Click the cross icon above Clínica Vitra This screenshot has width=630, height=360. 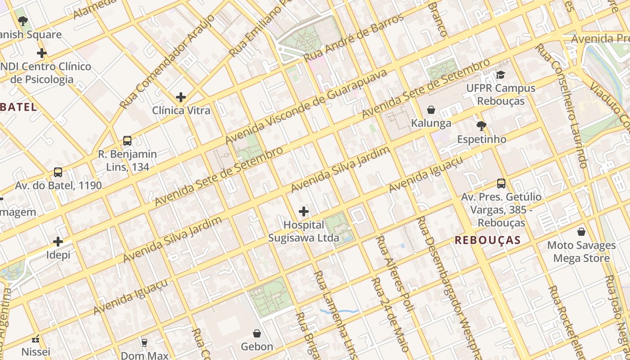tap(181, 97)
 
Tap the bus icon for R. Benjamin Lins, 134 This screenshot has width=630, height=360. tap(127, 141)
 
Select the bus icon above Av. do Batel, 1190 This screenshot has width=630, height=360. tap(58, 172)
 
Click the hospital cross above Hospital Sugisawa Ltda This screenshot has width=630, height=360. tap(304, 211)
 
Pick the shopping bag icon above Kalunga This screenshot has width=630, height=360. tap(431, 110)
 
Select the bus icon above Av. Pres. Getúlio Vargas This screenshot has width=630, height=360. tap(501, 184)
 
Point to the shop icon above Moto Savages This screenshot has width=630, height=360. tap(581, 232)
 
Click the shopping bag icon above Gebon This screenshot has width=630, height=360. tap(257, 333)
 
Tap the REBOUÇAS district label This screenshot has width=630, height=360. tap(487, 240)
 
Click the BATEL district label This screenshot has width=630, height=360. tap(18, 107)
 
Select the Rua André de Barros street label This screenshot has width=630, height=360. tap(354, 38)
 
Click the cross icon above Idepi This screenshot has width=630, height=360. tap(58, 242)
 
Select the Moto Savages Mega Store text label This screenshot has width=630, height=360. tap(581, 252)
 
